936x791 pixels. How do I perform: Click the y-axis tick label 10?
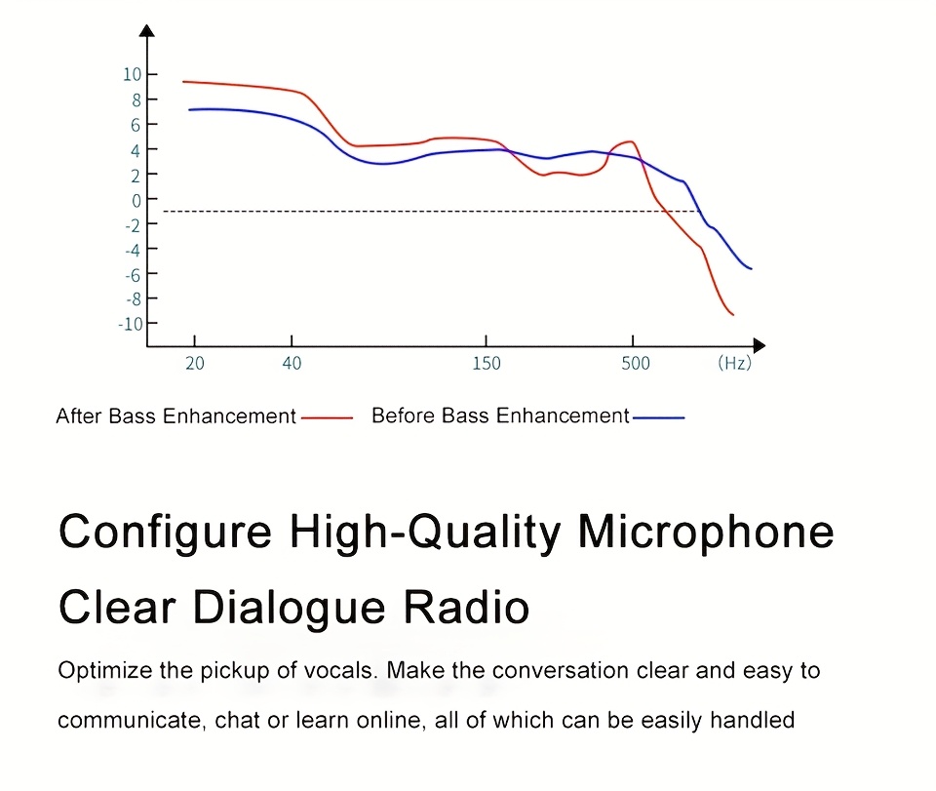point(132,74)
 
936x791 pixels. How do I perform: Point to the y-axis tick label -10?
point(131,324)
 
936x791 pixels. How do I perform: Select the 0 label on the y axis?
point(136,201)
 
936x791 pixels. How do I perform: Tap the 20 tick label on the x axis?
point(195,363)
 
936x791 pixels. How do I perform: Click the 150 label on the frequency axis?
point(487,363)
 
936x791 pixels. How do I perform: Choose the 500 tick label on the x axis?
point(635,363)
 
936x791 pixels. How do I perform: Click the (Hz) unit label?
point(735,363)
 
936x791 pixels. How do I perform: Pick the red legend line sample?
point(328,418)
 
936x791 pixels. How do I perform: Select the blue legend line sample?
point(658,417)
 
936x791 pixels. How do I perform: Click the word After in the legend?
point(79,415)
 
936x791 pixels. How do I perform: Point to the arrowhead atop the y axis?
point(147,30)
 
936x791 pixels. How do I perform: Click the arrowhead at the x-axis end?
point(760,345)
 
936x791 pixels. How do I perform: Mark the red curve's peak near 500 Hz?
point(630,141)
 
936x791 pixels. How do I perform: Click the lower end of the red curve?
point(733,315)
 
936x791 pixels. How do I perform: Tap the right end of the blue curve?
point(751,268)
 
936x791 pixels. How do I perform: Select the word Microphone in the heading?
point(706,532)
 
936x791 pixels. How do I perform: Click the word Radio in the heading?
point(466,607)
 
